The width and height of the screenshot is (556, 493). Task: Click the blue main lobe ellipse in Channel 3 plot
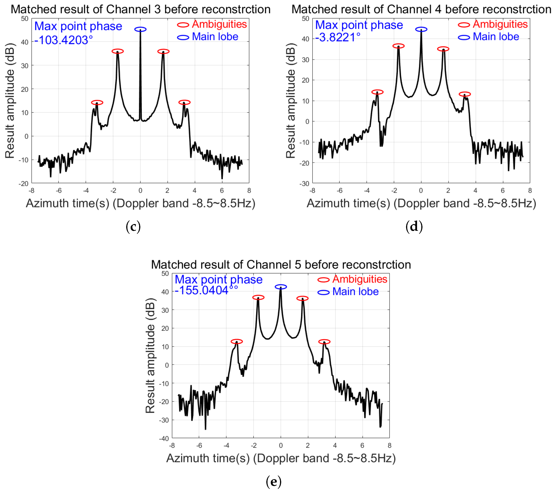140,29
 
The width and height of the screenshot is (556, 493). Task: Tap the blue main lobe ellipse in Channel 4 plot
421,29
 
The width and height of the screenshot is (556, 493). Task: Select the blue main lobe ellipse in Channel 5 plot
281,287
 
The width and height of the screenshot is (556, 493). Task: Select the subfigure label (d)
414,227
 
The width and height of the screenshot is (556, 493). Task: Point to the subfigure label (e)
274,482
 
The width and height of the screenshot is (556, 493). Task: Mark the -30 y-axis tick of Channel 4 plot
304,184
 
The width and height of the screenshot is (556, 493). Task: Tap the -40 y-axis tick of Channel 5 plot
164,438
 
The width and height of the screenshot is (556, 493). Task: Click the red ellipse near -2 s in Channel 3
118,51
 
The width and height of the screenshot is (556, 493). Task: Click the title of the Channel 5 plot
281,265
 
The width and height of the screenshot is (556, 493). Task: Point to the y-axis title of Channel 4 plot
290,100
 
